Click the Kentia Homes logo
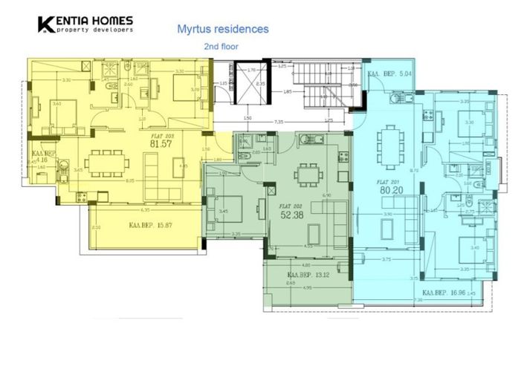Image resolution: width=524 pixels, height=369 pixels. tap(86, 25)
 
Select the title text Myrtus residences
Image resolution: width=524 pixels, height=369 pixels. tap(223, 30)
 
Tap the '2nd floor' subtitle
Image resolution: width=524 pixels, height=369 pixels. tap(221, 46)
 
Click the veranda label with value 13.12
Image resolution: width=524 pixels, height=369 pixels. tap(309, 274)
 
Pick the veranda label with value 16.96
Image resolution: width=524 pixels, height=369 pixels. tap(444, 293)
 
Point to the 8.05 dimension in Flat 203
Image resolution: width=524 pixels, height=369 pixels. tap(130, 180)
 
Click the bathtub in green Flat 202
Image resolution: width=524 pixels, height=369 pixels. tap(309, 138)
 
